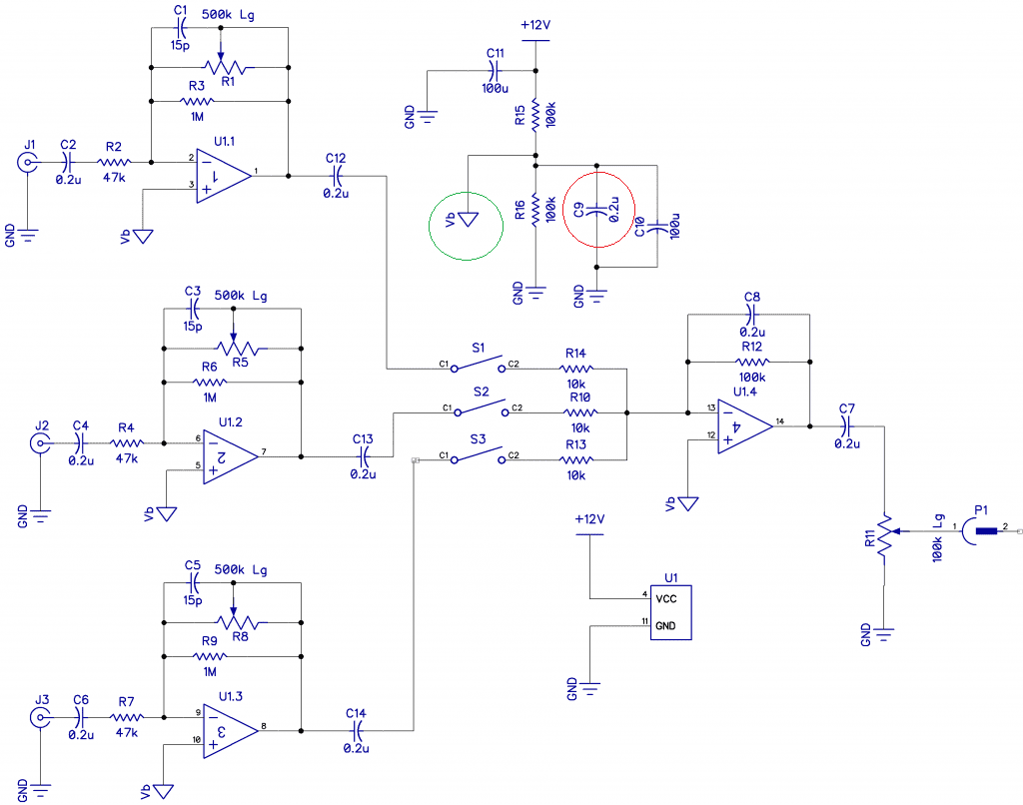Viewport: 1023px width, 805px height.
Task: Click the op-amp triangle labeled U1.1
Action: (x=223, y=176)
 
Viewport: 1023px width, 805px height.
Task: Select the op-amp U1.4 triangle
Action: (x=744, y=426)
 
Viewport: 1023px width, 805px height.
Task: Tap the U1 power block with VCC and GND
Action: (x=670, y=612)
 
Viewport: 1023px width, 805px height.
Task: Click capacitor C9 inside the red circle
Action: (x=597, y=210)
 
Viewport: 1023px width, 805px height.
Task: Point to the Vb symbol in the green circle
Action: (x=468, y=219)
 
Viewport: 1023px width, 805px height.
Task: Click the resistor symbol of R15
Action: (x=535, y=115)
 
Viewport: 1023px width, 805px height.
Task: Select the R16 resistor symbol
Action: (x=535, y=210)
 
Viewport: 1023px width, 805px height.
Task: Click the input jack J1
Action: (x=27, y=163)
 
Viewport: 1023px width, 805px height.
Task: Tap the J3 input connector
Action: (x=40, y=717)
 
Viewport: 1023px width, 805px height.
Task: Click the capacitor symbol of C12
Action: (x=337, y=176)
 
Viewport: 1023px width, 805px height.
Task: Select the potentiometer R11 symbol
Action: (x=885, y=535)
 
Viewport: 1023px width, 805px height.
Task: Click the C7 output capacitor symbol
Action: (x=847, y=426)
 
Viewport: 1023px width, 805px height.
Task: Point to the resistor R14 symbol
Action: (x=576, y=369)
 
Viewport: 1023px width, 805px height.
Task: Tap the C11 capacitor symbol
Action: (x=495, y=71)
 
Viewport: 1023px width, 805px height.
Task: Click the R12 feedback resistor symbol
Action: (x=752, y=362)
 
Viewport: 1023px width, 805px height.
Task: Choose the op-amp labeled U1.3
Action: (x=231, y=731)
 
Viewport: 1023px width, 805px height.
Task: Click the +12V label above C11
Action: (x=535, y=25)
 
